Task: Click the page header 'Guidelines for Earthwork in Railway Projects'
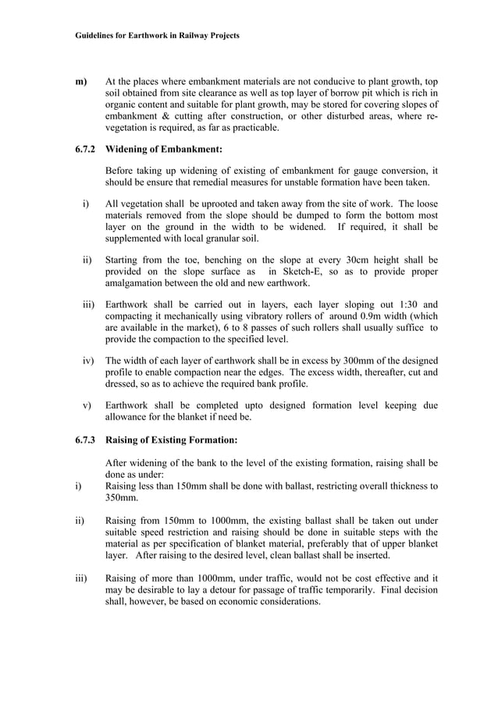[x=157, y=36]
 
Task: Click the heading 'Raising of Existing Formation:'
[x=171, y=440]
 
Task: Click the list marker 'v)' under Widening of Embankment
[x=86, y=405]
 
